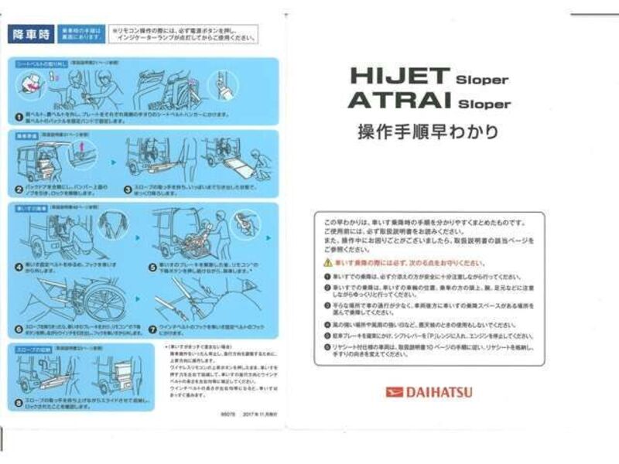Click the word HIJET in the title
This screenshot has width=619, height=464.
tap(399, 76)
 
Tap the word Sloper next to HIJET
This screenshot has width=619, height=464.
tap(481, 79)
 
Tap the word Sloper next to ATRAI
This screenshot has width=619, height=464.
tap(484, 104)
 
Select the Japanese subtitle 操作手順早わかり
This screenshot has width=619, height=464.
tap(427, 131)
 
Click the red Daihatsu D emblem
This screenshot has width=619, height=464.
tap(395, 392)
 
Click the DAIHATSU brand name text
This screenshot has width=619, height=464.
tap(438, 392)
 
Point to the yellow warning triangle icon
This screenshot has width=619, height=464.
tap(328, 263)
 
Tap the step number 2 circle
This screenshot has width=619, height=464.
tap(19, 188)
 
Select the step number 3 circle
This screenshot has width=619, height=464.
tap(128, 188)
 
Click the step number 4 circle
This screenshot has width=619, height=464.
tap(19, 266)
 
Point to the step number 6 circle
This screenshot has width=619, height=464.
tap(19, 328)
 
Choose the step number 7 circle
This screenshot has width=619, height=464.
tap(152, 328)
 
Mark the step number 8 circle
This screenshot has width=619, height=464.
tap(19, 400)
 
